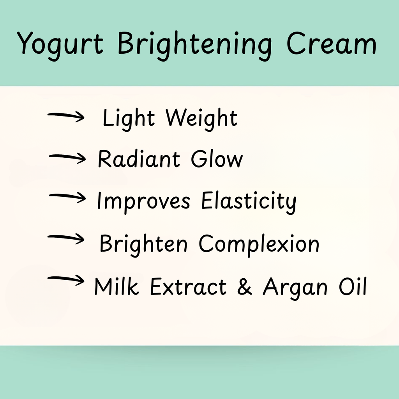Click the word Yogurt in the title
pyautogui.click(x=60, y=44)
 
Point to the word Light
pyautogui.click(x=129, y=118)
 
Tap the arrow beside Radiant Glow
pyautogui.click(x=67, y=157)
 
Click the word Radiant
pyautogui.click(x=139, y=159)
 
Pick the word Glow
pyautogui.click(x=217, y=159)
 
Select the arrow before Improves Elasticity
pyautogui.click(x=67, y=198)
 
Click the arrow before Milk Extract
pyautogui.click(x=65, y=279)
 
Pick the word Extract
pyautogui.click(x=188, y=287)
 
